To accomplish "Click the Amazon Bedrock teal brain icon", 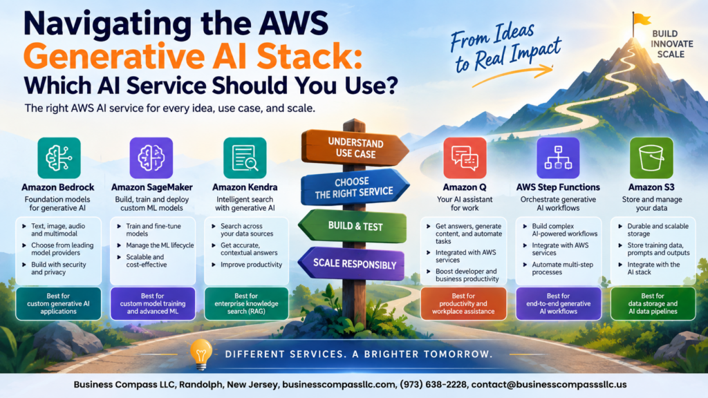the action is tap(59, 158).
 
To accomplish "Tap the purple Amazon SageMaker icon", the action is tap(151, 158).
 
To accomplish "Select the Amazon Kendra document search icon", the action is tap(245, 158).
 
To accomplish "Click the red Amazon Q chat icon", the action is tap(465, 158).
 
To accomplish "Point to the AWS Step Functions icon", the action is tap(558, 158).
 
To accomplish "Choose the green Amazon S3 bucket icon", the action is tap(651, 158).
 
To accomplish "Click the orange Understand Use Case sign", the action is tap(355, 148).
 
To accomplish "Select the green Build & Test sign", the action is tap(353, 226).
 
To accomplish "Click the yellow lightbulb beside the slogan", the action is tap(201, 354).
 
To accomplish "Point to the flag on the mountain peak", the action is tap(641, 19).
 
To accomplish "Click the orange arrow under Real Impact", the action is tap(512, 75).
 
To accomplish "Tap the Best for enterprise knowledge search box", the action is tap(246, 304).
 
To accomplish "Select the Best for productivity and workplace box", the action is tap(463, 304).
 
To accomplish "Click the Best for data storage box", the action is tap(653, 304).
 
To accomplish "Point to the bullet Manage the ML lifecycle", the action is tap(160, 245).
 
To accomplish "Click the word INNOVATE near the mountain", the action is tap(672, 44).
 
